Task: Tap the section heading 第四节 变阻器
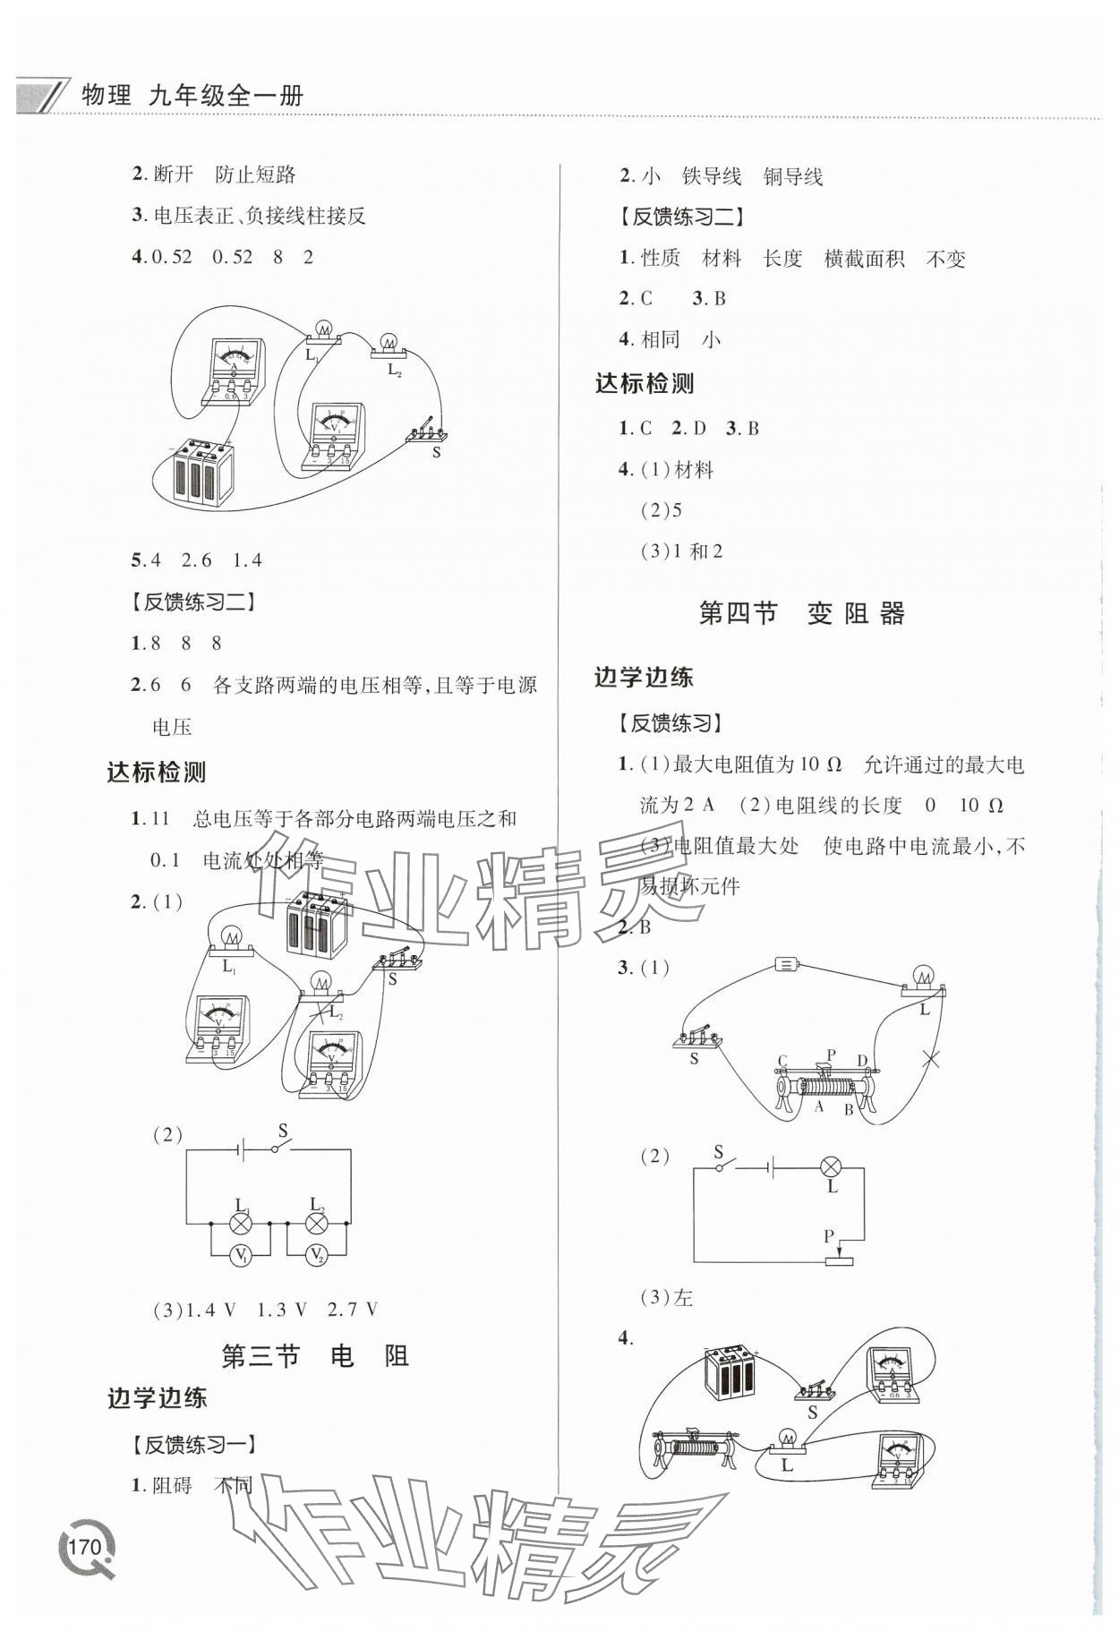[x=801, y=614]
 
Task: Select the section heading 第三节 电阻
[x=315, y=1356]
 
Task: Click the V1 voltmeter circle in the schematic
[x=240, y=1255]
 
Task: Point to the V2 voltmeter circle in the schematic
[x=316, y=1255]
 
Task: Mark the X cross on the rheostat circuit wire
[x=931, y=1059]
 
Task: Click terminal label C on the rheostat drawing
[x=782, y=1061]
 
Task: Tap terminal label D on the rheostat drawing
[x=862, y=1061]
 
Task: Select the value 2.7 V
[x=353, y=1310]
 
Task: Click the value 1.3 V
[x=282, y=1310]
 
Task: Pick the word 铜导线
[x=793, y=177]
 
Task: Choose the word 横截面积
[x=864, y=260]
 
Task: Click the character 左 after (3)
[x=683, y=1297]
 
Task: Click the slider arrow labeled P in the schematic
[x=838, y=1251]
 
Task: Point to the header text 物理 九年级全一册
[x=192, y=95]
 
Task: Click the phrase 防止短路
[x=256, y=175]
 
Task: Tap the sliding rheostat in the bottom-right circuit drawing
[x=696, y=1449]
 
